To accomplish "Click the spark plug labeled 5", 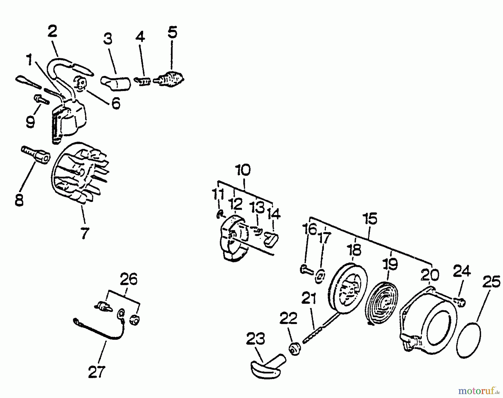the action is coord(170,78).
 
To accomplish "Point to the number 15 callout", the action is coord(370,219).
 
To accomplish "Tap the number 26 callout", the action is coord(129,279).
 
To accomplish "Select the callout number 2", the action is coord(52,31).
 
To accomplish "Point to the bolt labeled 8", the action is coord(36,154).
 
